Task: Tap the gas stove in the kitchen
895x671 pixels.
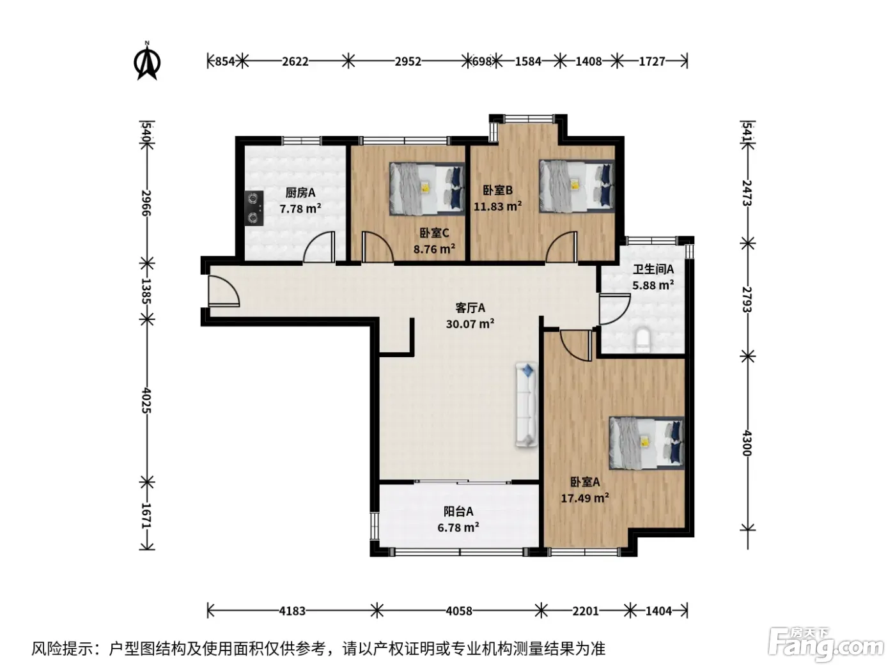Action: coord(254,208)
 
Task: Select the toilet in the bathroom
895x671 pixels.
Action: coord(643,339)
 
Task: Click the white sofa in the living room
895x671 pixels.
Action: coord(526,405)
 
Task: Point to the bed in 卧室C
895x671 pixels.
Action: coord(427,189)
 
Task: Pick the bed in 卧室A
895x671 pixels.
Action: coord(647,443)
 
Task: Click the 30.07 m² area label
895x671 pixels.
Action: coord(470,324)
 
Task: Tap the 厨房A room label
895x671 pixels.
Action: coord(300,193)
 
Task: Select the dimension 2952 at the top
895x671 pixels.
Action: coord(408,61)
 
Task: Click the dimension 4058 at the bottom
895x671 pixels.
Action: coord(459,611)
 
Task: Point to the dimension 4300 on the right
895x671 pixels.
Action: coord(747,443)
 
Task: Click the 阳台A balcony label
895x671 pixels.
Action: coord(458,511)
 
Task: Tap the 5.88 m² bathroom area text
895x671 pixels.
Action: coord(653,285)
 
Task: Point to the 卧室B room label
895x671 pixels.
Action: coord(497,190)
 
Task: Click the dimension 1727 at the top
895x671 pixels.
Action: coord(651,61)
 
